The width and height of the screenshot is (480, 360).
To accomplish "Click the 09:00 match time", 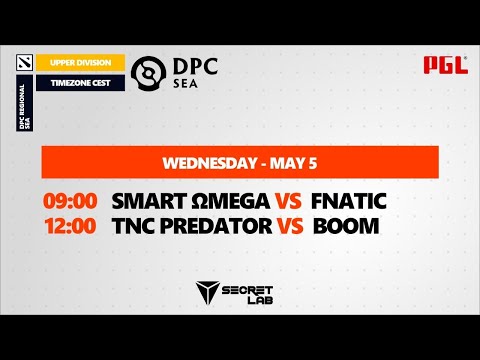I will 70,201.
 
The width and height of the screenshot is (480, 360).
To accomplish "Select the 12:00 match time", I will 70,226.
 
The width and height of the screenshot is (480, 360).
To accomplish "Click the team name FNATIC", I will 348,201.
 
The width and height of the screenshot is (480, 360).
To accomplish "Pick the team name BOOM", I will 346,226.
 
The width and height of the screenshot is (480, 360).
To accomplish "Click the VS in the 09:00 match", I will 282,201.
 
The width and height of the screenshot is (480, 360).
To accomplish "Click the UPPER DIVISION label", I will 80,63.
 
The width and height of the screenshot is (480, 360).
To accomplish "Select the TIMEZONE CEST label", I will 80,82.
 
